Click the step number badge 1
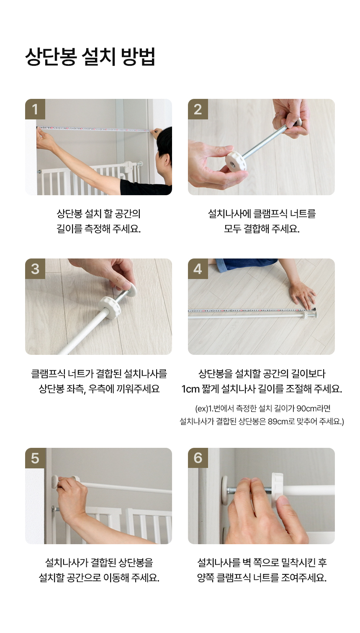point(35,109)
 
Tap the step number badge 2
point(198,109)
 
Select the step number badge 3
point(35,269)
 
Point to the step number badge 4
point(198,269)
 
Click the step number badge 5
point(35,458)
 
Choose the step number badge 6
point(198,458)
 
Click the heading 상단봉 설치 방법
point(90,57)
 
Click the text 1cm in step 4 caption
point(190,389)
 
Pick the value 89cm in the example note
point(277,421)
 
